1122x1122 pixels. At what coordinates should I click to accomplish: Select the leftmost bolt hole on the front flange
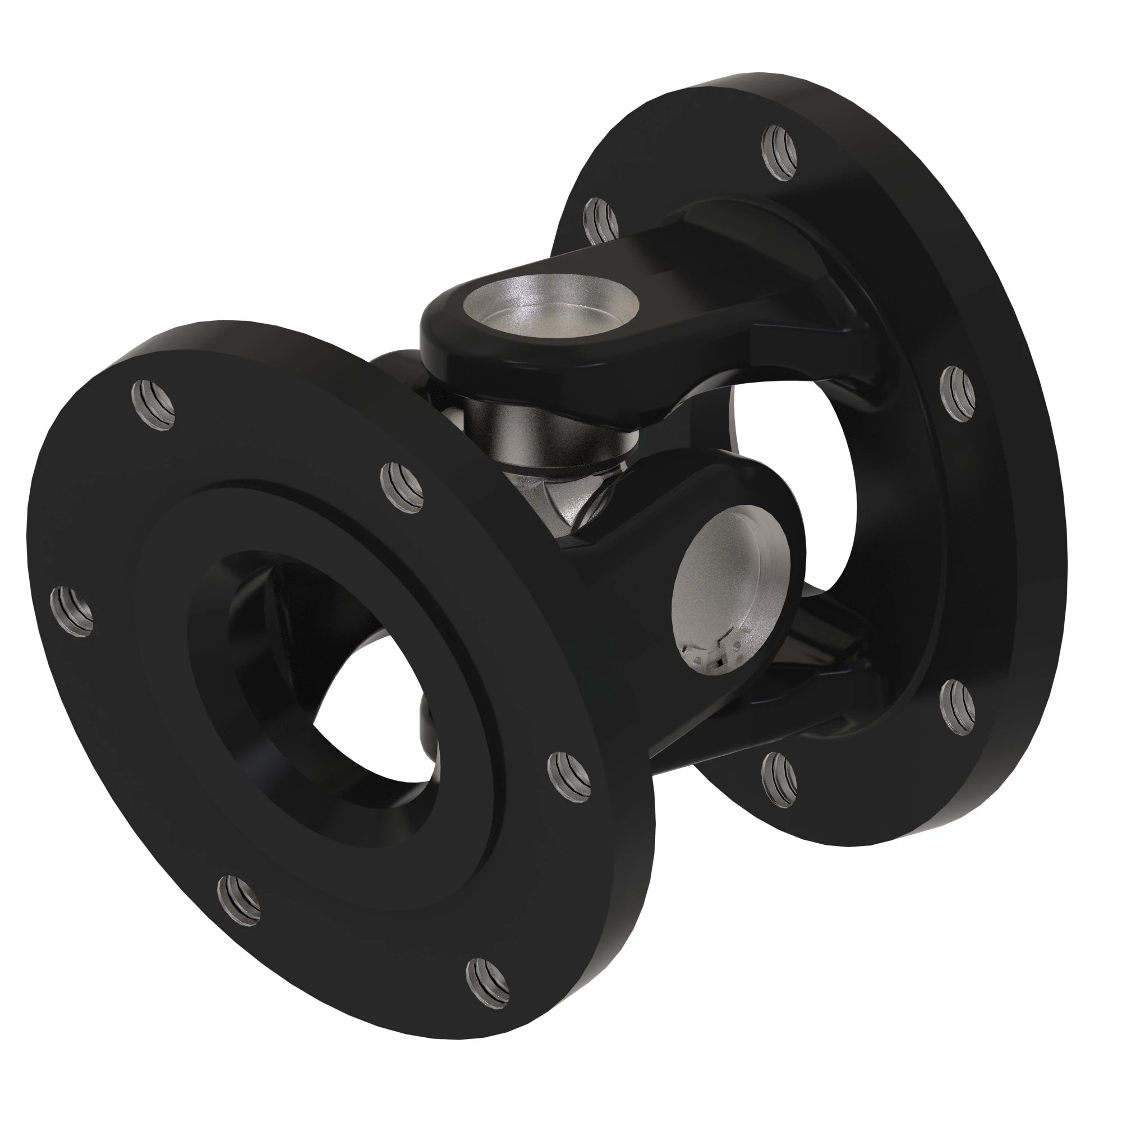coord(72,611)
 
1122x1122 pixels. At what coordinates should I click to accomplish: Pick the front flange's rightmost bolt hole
coord(569,775)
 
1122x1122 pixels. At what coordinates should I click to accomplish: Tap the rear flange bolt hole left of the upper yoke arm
coord(601,220)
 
